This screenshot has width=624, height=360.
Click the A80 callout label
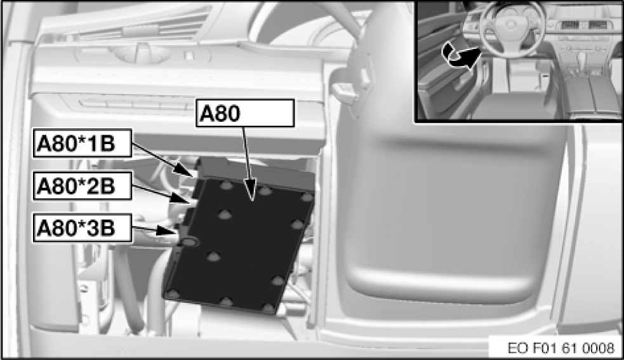pos(245,113)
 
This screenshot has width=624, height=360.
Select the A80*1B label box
pos(82,143)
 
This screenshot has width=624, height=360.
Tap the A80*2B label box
pos(82,185)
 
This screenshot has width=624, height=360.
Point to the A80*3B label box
pos(82,228)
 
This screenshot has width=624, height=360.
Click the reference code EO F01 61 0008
pos(561,348)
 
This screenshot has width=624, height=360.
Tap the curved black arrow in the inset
pos(461,55)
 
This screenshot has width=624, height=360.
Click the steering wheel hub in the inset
pos(510,25)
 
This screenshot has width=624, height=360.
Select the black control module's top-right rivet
pos(307,197)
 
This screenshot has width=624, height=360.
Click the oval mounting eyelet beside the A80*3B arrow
pos(189,241)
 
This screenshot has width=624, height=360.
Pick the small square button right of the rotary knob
pos(189,56)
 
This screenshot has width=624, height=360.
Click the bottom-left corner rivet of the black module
pos(172,294)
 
